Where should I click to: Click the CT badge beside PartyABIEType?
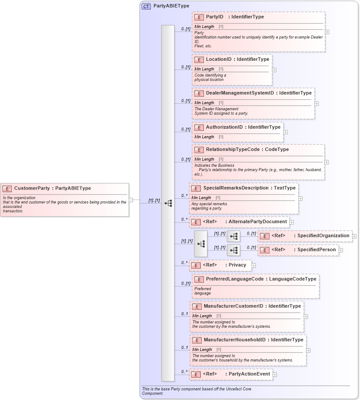click(x=146, y=6)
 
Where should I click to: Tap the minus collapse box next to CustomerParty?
click(x=131, y=200)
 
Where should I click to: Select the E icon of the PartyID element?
click(x=199, y=17)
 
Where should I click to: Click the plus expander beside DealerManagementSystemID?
click(x=317, y=104)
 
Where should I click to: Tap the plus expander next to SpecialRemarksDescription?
click(x=301, y=198)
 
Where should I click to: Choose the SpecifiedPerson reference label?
click(x=317, y=250)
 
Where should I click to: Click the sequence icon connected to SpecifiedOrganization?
click(x=234, y=236)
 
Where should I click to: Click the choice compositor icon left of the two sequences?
click(x=201, y=243)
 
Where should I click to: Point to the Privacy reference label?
click(x=237, y=265)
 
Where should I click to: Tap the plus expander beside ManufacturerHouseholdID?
click(x=308, y=350)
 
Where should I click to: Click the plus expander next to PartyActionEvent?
click(x=275, y=374)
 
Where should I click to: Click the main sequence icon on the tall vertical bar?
click(x=168, y=203)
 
